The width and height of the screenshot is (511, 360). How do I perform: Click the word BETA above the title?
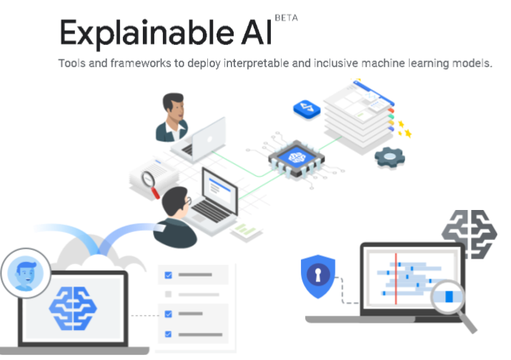(286, 18)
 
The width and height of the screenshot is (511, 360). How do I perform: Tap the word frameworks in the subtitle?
(141, 63)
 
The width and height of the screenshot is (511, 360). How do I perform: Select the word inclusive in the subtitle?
(336, 63)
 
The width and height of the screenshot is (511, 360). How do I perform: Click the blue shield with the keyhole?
(318, 276)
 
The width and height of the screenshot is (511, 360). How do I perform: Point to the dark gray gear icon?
(390, 157)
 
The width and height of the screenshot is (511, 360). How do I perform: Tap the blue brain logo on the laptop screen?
(73, 308)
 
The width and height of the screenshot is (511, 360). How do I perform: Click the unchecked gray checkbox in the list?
(168, 294)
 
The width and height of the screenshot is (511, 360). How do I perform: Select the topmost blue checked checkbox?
(168, 275)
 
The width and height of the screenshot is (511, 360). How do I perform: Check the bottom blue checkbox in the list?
(168, 334)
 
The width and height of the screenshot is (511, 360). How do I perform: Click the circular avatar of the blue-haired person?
(26, 273)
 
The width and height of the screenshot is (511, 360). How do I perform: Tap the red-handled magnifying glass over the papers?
(150, 184)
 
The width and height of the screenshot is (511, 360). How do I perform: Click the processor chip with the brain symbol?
(296, 159)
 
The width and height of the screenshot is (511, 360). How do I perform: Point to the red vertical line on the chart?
(396, 279)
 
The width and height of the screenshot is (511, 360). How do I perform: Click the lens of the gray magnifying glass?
(448, 296)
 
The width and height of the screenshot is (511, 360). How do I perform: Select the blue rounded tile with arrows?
(307, 109)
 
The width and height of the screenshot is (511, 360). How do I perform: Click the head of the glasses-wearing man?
(176, 201)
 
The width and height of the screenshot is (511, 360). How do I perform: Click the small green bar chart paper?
(247, 231)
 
